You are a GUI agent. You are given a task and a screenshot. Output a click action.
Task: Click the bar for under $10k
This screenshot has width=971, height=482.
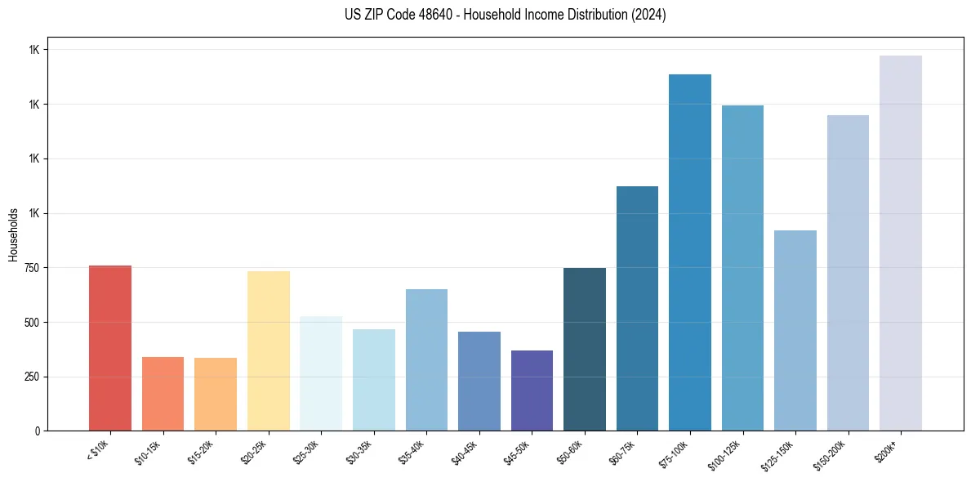point(109,348)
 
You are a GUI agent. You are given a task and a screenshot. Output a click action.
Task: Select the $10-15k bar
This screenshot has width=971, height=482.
point(163,394)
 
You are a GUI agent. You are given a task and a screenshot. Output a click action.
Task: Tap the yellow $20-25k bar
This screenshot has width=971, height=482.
point(268,351)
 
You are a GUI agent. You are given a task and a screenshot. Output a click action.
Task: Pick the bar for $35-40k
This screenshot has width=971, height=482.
point(426,359)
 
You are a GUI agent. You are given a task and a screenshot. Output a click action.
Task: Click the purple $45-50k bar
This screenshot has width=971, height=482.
point(532,391)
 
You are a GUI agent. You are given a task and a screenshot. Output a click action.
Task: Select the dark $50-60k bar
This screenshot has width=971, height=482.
point(585,349)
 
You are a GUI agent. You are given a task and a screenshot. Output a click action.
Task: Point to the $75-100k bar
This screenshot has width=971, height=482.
point(690,252)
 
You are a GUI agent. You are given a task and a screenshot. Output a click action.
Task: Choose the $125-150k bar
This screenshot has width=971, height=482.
point(795,330)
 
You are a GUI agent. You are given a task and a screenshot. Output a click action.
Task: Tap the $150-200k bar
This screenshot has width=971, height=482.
point(848,273)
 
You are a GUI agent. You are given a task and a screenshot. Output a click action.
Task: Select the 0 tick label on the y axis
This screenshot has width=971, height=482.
point(38,431)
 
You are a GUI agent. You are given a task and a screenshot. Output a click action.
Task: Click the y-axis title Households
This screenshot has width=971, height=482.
point(13,234)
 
